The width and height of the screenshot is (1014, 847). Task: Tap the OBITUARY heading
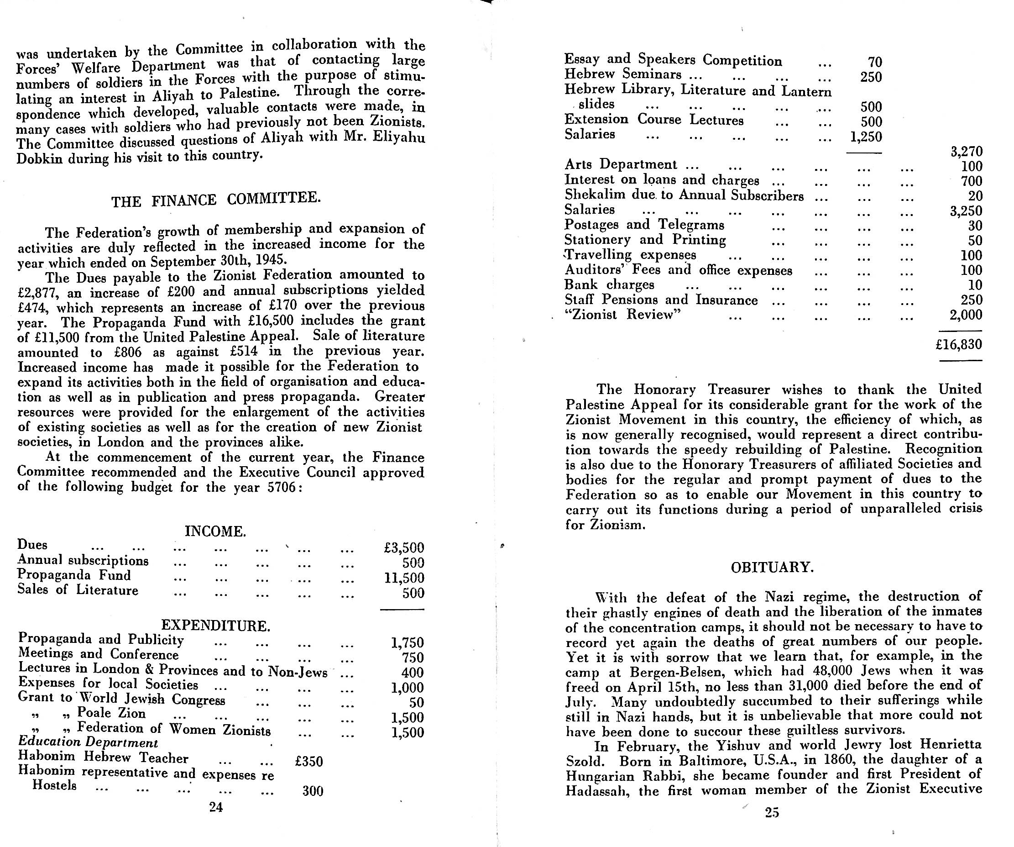point(772,567)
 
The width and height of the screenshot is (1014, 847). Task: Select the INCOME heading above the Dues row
point(215,531)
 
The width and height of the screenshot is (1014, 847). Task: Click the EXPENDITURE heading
point(215,626)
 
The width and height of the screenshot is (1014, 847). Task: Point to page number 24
point(216,807)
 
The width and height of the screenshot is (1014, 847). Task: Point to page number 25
point(772,813)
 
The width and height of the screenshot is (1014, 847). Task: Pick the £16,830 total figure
point(958,344)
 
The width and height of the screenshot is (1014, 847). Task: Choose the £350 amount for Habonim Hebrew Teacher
point(308,762)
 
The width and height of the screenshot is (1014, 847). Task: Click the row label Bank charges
point(609,284)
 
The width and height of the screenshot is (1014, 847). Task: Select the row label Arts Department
point(621,165)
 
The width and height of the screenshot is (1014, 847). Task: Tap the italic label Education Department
point(88,742)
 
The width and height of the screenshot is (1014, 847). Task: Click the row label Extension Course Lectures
point(654,120)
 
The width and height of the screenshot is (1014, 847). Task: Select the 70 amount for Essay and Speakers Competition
point(874,62)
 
